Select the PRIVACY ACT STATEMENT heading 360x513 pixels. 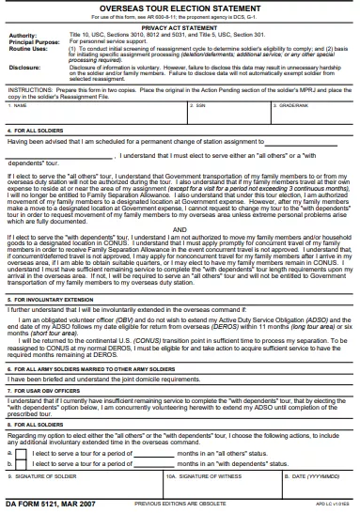coord(180,28)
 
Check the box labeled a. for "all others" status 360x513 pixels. coord(22,453)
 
